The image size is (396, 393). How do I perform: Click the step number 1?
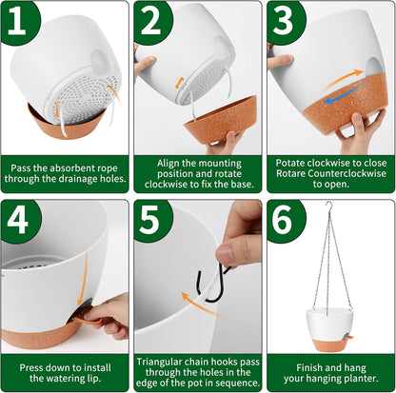pos(16,20)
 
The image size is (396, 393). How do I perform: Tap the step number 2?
pos(151,20)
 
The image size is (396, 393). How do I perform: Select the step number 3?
pos(283,20)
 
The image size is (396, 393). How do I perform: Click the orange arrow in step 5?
pos(200,305)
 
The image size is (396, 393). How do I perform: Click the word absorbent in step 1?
pos(71,167)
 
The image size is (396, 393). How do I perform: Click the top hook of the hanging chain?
pos(330,206)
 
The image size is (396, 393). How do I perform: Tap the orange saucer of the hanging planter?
pos(330,344)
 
